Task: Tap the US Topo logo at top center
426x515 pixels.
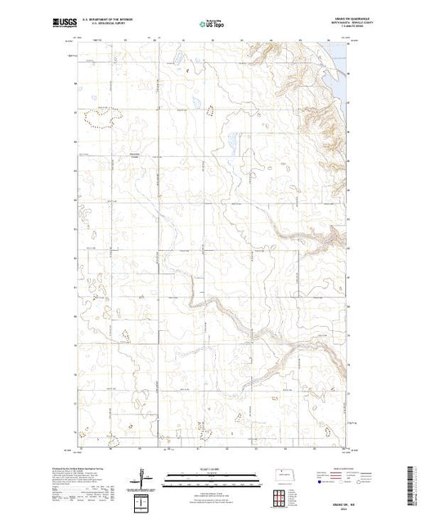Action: tap(211, 24)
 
